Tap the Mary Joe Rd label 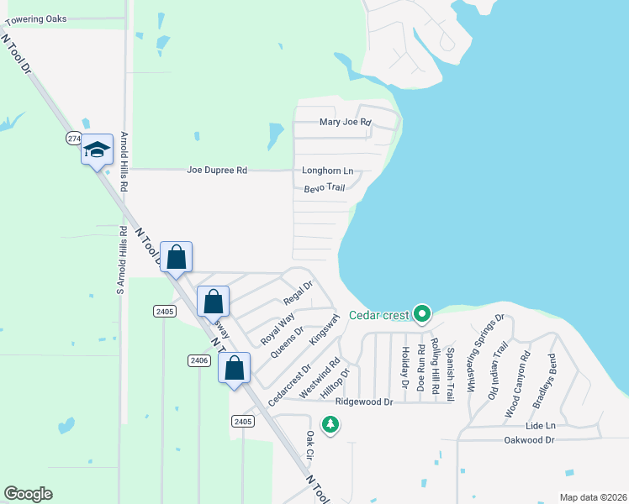click(x=345, y=123)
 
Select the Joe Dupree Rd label click(x=217, y=171)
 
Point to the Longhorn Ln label click(x=327, y=171)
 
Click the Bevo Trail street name click(x=325, y=187)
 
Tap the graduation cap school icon click(x=97, y=150)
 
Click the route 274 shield click(x=74, y=137)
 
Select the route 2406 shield click(x=198, y=360)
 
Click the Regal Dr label click(x=298, y=293)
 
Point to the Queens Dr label click(x=287, y=343)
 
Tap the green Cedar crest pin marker click(x=422, y=315)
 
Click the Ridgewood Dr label click(x=364, y=402)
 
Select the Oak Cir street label click(x=309, y=446)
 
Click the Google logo click(x=28, y=494)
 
